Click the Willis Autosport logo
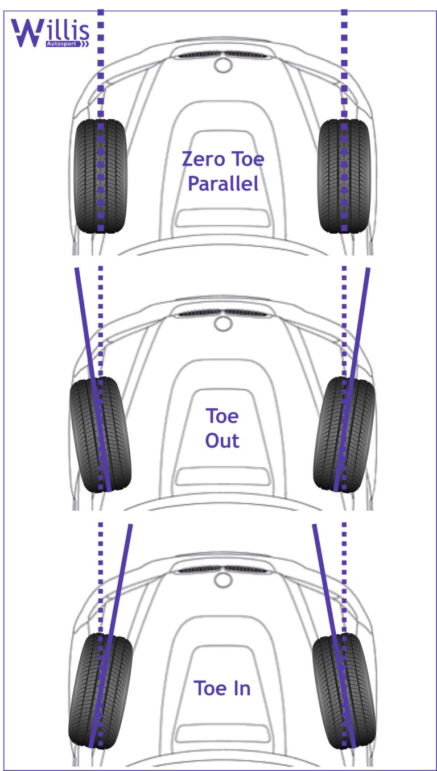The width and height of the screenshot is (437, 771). (50, 33)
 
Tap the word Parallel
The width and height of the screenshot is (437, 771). (223, 184)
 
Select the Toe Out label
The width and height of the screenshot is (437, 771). (222, 428)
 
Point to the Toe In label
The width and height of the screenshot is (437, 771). (222, 688)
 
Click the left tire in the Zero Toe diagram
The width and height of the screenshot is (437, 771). (101, 176)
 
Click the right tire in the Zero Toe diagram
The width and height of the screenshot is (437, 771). (344, 176)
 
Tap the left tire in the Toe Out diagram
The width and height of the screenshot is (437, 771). (100, 434)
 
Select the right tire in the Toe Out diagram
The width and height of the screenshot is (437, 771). (345, 434)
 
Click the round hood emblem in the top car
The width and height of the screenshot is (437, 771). (222, 64)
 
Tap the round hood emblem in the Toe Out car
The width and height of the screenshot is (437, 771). (222, 323)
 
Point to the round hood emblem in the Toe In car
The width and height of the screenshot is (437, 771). (222, 580)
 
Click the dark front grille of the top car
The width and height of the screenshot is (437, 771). (222, 55)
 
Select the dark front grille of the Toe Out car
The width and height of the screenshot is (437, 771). (222, 313)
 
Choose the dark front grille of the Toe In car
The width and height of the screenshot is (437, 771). (222, 570)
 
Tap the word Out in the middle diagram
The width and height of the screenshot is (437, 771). (222, 441)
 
